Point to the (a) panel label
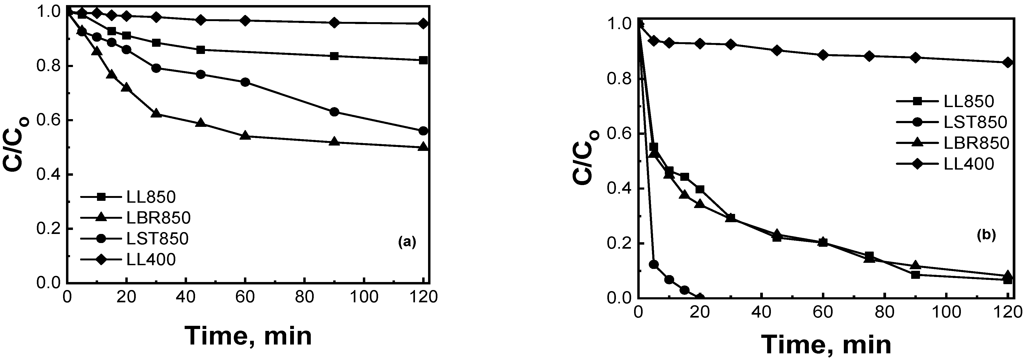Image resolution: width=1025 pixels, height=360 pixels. [407, 242]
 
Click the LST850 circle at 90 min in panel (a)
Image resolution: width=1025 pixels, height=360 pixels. [335, 112]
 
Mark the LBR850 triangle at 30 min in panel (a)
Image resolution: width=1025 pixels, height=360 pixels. [156, 114]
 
